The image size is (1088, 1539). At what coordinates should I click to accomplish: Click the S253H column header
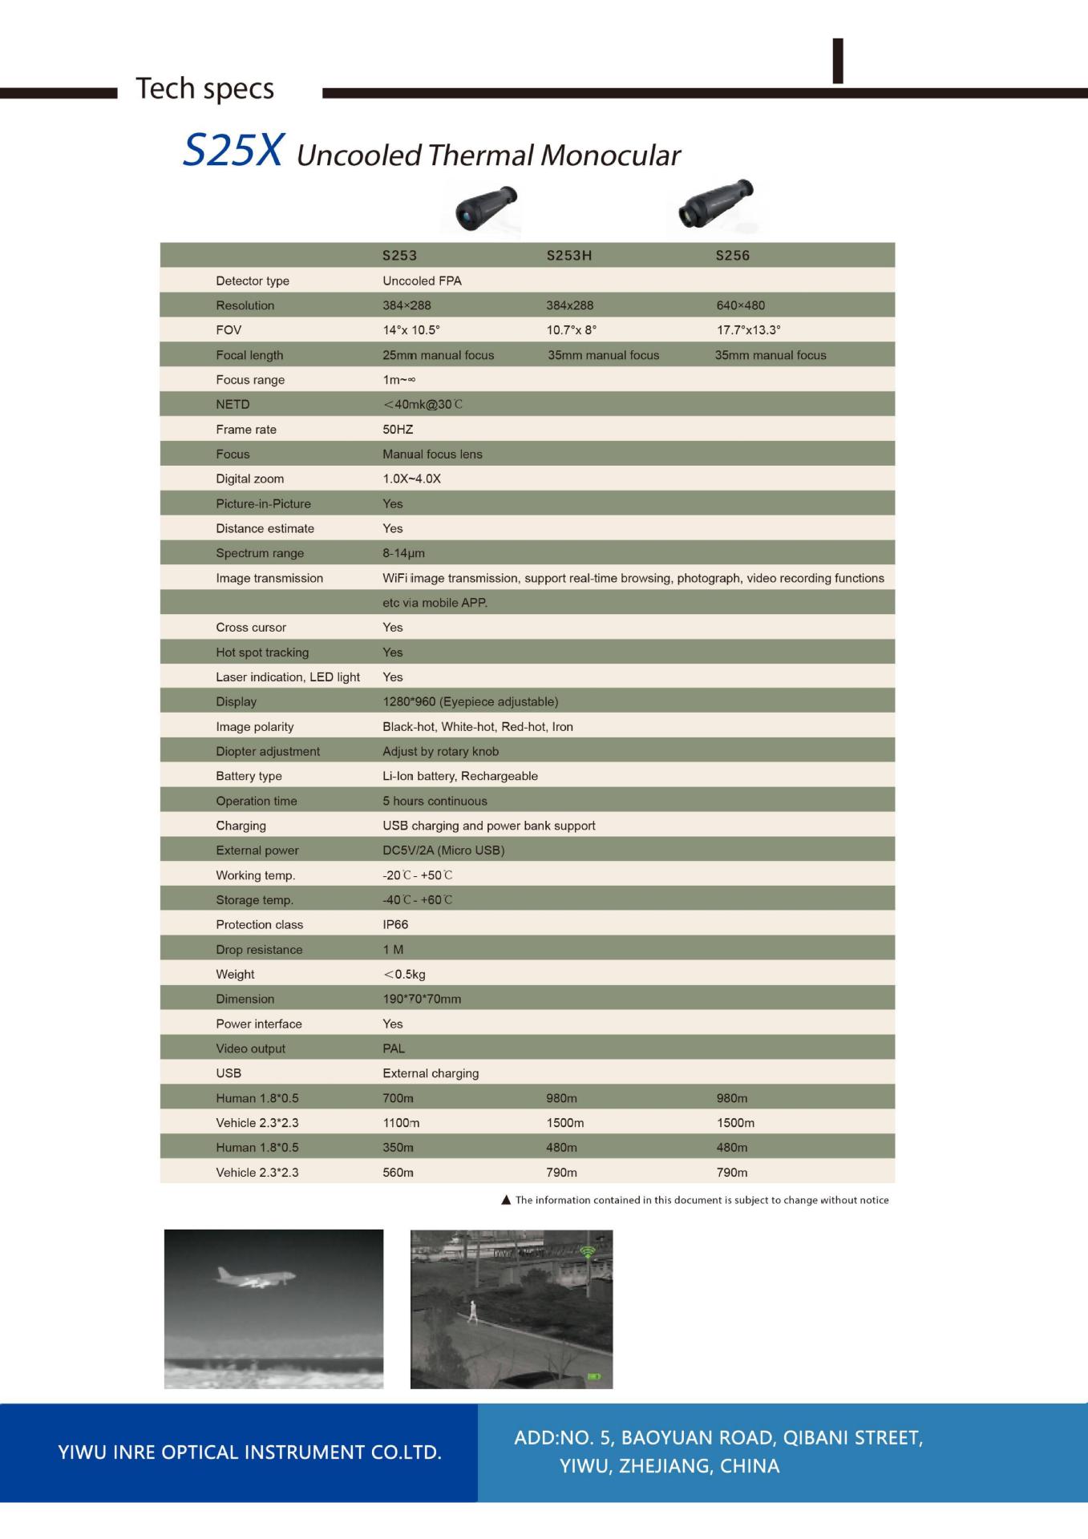568,256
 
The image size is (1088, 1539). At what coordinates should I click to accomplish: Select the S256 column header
732,256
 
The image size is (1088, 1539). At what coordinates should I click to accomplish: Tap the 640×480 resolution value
740,305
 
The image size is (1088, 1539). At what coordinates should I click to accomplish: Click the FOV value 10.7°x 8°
571,330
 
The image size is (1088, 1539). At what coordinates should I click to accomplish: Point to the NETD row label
233,405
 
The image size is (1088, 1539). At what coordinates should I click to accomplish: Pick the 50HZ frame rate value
398,430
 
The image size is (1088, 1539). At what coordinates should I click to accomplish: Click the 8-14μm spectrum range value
403,553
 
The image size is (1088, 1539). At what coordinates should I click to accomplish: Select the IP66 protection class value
395,925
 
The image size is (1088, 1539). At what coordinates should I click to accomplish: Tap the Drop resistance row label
259,950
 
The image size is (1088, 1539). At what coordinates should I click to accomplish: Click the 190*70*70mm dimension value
422,1000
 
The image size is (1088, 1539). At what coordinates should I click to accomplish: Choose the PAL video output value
394,1048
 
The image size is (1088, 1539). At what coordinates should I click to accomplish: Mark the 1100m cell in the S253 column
401,1123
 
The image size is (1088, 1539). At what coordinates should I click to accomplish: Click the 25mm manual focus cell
438,355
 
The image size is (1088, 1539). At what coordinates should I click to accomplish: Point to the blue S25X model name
233,150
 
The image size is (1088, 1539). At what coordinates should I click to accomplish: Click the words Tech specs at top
204,88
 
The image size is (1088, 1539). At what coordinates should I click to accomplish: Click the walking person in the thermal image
472,1312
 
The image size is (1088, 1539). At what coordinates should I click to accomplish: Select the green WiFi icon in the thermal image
588,1251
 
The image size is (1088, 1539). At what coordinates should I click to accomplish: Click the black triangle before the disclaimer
506,1200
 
